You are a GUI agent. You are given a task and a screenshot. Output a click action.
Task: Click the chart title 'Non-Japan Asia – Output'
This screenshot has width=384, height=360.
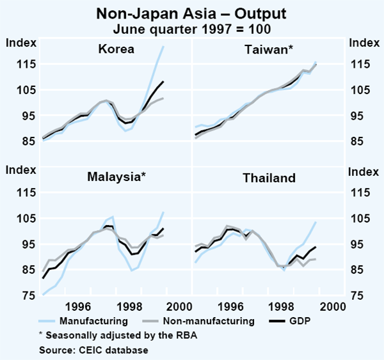click(x=192, y=13)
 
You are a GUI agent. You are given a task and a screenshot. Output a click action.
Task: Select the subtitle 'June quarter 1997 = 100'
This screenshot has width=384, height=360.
click(x=192, y=27)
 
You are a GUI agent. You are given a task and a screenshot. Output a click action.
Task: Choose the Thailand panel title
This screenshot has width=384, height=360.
click(x=269, y=178)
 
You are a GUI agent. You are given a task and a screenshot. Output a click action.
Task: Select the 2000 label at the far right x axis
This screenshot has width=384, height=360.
click(x=333, y=306)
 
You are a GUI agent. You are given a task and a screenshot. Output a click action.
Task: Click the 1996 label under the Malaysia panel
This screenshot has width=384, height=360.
click(x=79, y=306)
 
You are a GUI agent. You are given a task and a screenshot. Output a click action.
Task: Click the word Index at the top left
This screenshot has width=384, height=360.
click(x=20, y=43)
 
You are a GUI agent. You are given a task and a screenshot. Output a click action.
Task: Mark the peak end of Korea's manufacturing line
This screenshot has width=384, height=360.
click(x=163, y=47)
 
